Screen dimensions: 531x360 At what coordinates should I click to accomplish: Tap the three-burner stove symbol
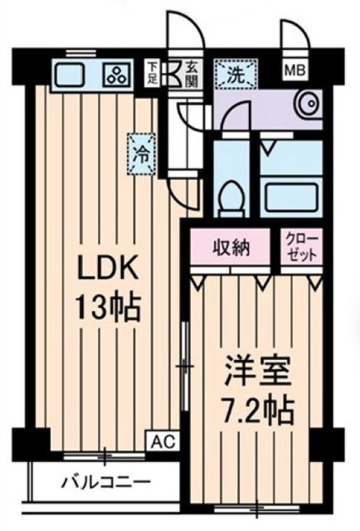[x=114, y=76]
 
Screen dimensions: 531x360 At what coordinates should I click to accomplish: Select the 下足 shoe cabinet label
[x=153, y=72]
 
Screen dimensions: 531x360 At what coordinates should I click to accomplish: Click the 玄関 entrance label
[x=190, y=72]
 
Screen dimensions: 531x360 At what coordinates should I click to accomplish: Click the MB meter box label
[x=294, y=71]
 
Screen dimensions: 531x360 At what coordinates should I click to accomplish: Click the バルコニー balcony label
[x=106, y=482]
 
